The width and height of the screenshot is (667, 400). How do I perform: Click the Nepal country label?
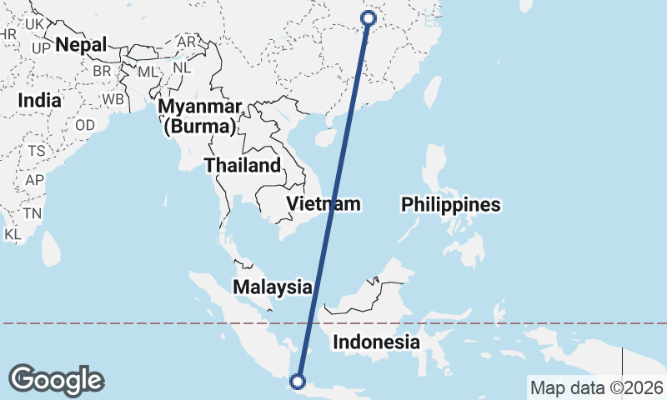(81, 45)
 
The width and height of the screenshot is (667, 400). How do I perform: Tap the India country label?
(39, 100)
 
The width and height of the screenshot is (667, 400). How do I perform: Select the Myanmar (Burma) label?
(200, 117)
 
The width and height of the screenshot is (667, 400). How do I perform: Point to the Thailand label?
(243, 165)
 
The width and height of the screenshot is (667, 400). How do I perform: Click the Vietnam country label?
(323, 203)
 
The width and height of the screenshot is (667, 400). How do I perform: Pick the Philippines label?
(450, 204)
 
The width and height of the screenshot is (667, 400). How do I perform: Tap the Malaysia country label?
(272, 287)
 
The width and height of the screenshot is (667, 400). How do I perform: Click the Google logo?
(57, 380)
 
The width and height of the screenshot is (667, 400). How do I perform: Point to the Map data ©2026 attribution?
(597, 387)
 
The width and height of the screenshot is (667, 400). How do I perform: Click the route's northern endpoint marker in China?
(369, 18)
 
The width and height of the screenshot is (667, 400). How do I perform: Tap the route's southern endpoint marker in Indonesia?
(297, 382)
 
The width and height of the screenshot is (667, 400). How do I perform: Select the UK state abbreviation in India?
(34, 25)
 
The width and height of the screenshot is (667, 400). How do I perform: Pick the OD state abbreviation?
(85, 124)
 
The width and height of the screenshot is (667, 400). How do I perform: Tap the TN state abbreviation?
(33, 213)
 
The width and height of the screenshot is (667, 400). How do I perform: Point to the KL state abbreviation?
(13, 234)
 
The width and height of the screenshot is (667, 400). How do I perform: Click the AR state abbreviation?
(187, 42)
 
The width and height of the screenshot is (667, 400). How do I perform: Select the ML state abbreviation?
(148, 72)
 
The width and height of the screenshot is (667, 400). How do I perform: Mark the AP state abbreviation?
(34, 180)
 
